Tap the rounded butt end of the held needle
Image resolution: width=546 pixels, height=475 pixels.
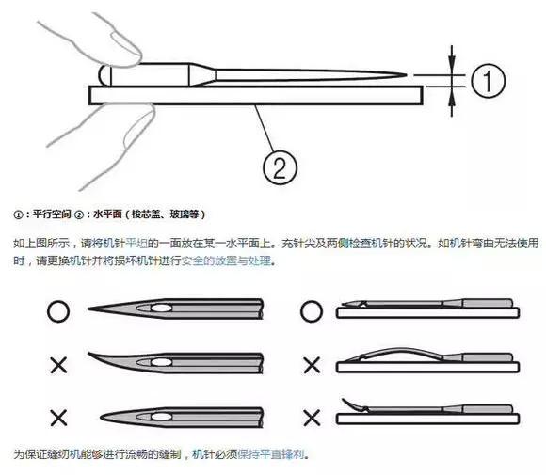coord(104,73)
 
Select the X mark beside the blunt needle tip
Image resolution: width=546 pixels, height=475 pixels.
coord(56,416)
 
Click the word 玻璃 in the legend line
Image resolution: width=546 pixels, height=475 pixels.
coord(177,214)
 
